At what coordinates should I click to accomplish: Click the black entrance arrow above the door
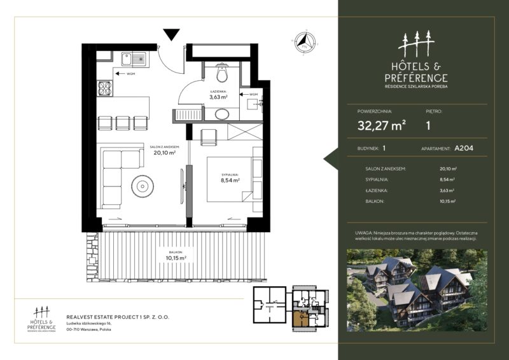[x=171, y=34]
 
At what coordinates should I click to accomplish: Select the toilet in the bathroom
[x=222, y=74]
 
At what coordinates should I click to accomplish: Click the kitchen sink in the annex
[x=133, y=60]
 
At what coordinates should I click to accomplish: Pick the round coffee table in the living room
[x=141, y=186]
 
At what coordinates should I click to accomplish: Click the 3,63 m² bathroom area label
[x=220, y=98]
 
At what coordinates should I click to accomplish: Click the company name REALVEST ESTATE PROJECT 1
[x=118, y=316]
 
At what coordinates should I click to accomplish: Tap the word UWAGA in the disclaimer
[x=365, y=234]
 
